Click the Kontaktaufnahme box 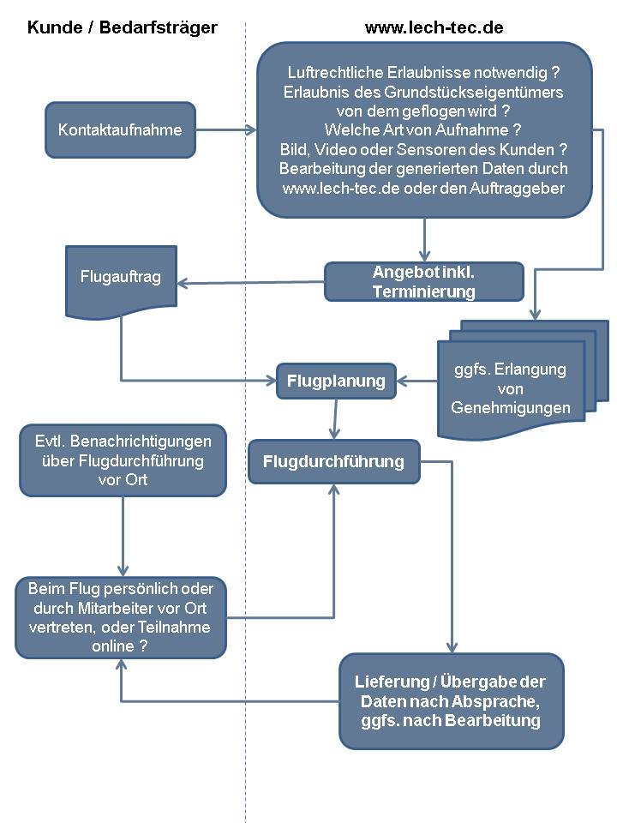[120, 129]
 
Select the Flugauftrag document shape [121, 282]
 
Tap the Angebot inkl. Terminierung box [424, 282]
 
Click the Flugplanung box [336, 381]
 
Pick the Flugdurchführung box [333, 461]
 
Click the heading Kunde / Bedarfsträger [123, 27]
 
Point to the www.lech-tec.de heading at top [434, 27]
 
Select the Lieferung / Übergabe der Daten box [452, 701]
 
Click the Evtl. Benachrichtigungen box [123, 460]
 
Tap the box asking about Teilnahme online [121, 617]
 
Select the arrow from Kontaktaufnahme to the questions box [226, 129]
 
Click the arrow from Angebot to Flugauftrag [251, 283]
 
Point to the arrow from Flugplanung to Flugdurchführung [335, 419]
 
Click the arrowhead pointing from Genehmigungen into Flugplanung [401, 381]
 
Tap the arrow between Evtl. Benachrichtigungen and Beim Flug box [123, 537]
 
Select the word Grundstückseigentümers [473, 93]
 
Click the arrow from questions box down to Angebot [424, 240]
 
